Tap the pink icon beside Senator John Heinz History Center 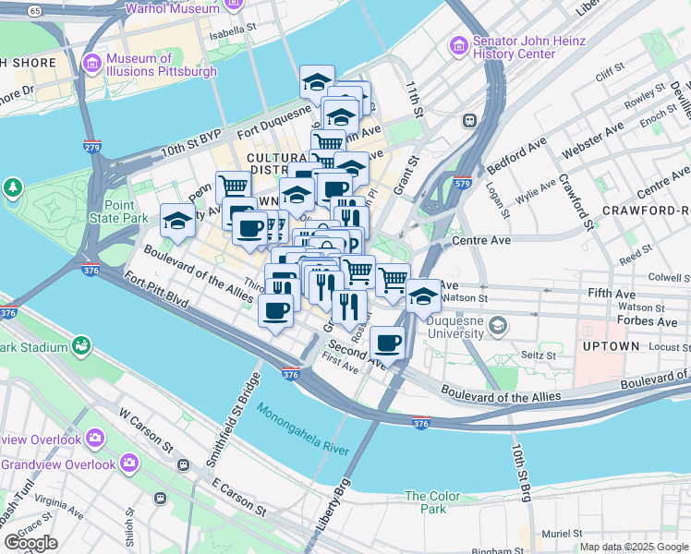click(457, 45)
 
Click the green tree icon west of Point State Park click(13, 189)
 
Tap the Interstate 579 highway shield click(462, 183)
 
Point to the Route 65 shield click(34, 9)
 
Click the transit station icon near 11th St click(469, 120)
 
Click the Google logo click(30, 543)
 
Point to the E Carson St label click(238, 496)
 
